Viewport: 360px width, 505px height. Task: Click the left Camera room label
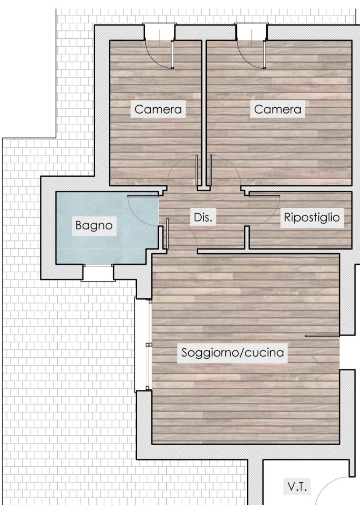click(158, 109)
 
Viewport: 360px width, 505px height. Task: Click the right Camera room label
click(278, 109)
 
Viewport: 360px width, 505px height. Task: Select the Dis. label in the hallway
click(203, 218)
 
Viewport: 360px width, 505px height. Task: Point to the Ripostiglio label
click(312, 218)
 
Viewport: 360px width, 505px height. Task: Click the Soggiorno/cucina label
click(233, 352)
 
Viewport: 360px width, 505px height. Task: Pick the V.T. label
click(299, 487)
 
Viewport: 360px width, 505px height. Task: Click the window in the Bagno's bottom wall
click(98, 273)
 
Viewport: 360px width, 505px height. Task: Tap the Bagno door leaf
click(143, 196)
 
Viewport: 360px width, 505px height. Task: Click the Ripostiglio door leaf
click(264, 196)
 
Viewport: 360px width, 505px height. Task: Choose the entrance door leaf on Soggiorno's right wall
click(322, 336)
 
